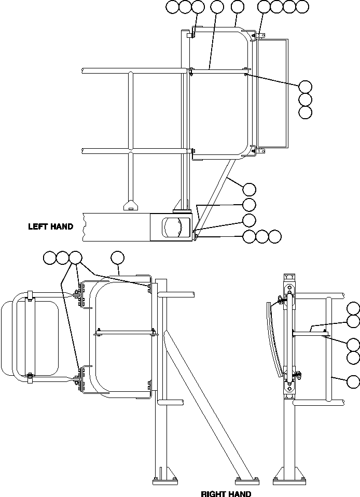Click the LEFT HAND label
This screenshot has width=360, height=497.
pyautogui.click(x=50, y=226)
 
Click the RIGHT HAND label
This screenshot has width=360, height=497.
pyautogui.click(x=226, y=493)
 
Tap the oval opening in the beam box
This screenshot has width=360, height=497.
pyautogui.click(x=175, y=228)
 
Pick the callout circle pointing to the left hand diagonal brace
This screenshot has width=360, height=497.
pyautogui.click(x=250, y=189)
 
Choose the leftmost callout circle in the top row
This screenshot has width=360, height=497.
pyautogui.click(x=172, y=7)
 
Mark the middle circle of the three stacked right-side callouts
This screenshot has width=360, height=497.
pyautogui.click(x=306, y=100)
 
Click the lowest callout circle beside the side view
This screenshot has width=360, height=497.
pyautogui.click(x=353, y=382)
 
